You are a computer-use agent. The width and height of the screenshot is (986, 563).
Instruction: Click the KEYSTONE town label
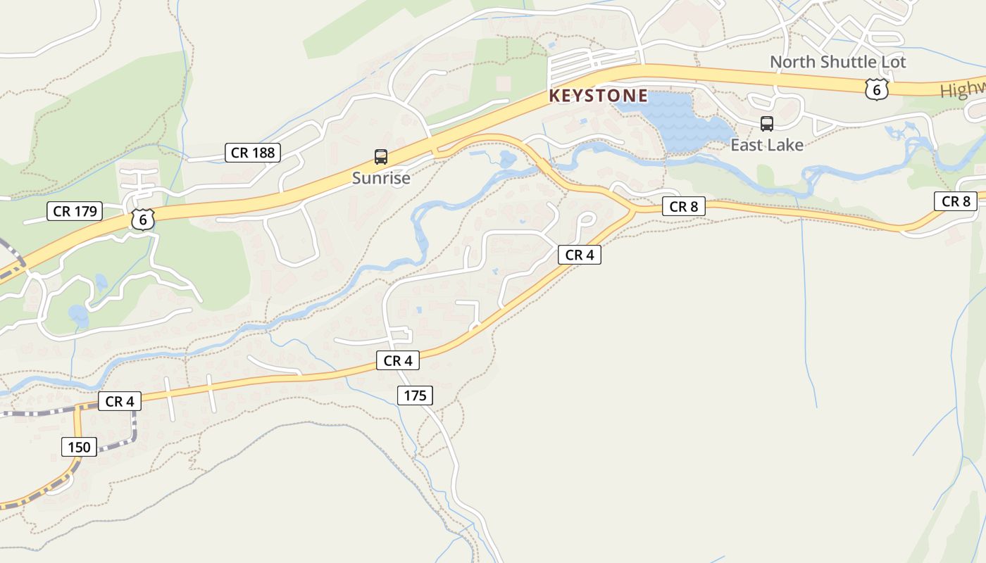click(x=598, y=96)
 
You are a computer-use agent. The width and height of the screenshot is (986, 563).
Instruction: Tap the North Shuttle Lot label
click(x=837, y=62)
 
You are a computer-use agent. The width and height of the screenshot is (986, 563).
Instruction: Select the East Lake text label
click(x=766, y=145)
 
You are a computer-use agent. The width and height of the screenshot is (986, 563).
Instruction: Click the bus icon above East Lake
click(x=767, y=124)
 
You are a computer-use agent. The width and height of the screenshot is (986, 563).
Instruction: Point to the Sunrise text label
click(x=381, y=178)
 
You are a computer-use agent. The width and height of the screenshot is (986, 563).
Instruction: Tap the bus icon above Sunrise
click(x=381, y=157)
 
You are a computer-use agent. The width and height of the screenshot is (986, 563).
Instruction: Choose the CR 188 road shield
click(x=253, y=152)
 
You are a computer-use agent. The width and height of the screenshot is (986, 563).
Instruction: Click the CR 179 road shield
click(x=75, y=210)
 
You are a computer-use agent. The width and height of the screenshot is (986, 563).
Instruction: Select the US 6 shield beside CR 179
click(x=143, y=220)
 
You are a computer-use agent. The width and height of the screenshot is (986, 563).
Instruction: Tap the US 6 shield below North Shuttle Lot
click(x=876, y=89)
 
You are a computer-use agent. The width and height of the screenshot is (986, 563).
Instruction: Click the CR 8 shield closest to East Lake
click(x=683, y=206)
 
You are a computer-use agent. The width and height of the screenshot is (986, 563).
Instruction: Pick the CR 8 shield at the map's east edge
click(x=956, y=201)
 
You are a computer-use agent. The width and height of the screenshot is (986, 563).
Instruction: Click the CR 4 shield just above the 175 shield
click(x=398, y=361)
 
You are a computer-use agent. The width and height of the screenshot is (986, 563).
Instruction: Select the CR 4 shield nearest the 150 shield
click(x=120, y=401)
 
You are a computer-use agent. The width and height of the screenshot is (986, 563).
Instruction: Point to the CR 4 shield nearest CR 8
click(x=580, y=255)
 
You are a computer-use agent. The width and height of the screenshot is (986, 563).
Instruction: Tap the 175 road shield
click(x=415, y=396)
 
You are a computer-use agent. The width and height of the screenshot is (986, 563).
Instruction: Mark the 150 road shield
click(x=79, y=447)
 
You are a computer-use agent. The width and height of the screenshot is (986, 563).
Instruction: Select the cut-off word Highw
click(x=963, y=90)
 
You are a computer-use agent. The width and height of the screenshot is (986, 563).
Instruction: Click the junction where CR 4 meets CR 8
click(x=633, y=209)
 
